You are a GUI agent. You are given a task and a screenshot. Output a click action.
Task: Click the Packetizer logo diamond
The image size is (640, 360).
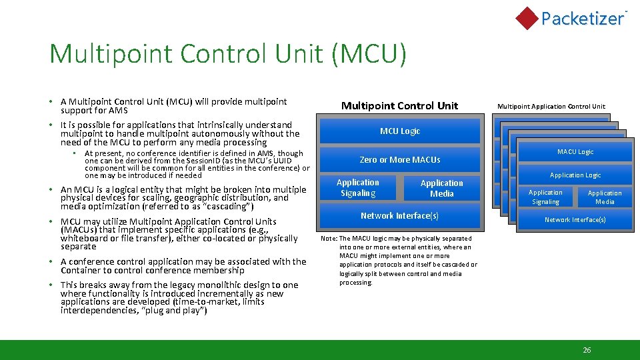coord(527,18)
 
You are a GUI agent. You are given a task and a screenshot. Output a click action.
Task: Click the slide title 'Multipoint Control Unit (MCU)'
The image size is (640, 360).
coord(227,54)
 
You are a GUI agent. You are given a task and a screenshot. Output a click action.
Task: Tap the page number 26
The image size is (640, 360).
coord(587,350)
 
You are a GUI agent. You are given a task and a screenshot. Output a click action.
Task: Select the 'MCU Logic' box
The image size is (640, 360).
coord(400,131)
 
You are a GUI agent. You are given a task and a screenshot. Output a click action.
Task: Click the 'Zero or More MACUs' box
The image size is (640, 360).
coord(400,160)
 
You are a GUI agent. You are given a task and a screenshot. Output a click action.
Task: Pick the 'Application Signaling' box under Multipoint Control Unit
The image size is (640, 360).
coord(358,188)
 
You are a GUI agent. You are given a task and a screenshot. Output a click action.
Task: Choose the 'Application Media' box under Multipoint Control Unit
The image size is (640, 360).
coord(441,188)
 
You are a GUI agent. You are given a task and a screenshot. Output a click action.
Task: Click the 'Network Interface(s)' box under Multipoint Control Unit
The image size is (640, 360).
coord(400,216)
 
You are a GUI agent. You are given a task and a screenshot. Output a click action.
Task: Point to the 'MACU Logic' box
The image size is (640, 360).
coord(575,152)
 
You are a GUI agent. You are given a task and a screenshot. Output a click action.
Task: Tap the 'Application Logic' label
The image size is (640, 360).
coord(575,175)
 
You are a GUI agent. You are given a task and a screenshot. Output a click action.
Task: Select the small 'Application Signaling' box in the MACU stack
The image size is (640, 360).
coord(545,197)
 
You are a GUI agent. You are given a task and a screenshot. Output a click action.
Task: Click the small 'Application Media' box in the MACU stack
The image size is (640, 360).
coord(605,197)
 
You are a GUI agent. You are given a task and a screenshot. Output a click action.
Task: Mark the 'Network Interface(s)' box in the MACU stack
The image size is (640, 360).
coord(575,220)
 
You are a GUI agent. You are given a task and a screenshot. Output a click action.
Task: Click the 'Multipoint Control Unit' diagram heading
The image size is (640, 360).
coord(400,105)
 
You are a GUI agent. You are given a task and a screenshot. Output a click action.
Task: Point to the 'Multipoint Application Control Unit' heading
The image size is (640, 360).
coord(551,106)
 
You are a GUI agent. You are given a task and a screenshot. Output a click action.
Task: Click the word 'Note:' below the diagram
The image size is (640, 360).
coord(329,238)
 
